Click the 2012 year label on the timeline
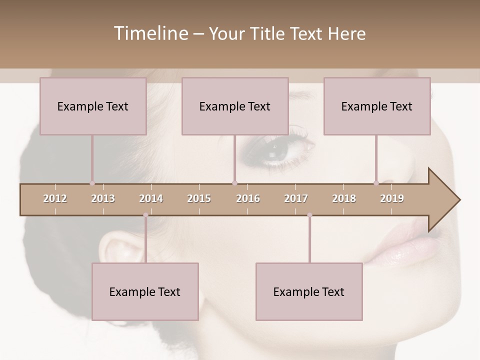[x=55, y=198]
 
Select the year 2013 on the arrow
[x=103, y=198]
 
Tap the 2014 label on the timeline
[x=151, y=198]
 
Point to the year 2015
[x=199, y=198]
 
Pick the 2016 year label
[x=248, y=198]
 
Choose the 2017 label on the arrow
[x=296, y=198]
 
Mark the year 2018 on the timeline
[x=344, y=198]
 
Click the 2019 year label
[x=392, y=198]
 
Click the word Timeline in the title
[x=150, y=33]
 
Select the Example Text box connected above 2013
[x=93, y=106]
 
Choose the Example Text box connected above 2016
[x=235, y=106]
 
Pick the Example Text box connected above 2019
[x=377, y=106]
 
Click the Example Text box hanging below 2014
[x=145, y=292]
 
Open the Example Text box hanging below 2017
[x=309, y=292]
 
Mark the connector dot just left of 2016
[x=234, y=183]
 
